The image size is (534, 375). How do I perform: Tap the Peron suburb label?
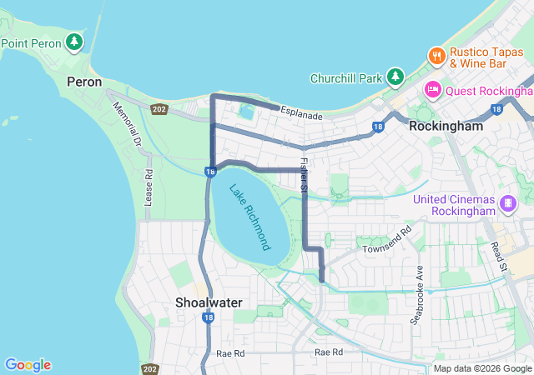click(84, 82)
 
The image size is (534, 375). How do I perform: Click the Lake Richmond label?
click(249, 217)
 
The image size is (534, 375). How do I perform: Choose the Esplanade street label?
click(301, 112)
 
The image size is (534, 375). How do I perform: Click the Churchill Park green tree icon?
click(395, 78)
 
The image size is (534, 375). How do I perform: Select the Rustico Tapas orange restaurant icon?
click(436, 56)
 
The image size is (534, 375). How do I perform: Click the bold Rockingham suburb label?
click(446, 127)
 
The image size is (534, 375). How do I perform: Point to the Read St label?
click(499, 255)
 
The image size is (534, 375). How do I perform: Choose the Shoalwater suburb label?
click(209, 302)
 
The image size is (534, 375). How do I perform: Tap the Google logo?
click(28, 365)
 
